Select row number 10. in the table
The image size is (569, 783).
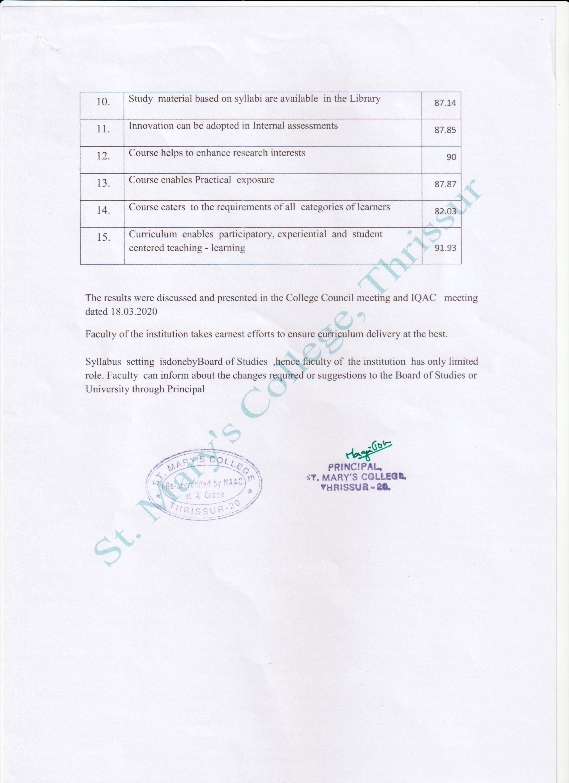coord(103,102)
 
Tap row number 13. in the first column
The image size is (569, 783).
coord(103,183)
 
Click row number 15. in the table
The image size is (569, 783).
coord(103,238)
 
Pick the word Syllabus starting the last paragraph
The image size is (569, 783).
coord(103,362)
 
